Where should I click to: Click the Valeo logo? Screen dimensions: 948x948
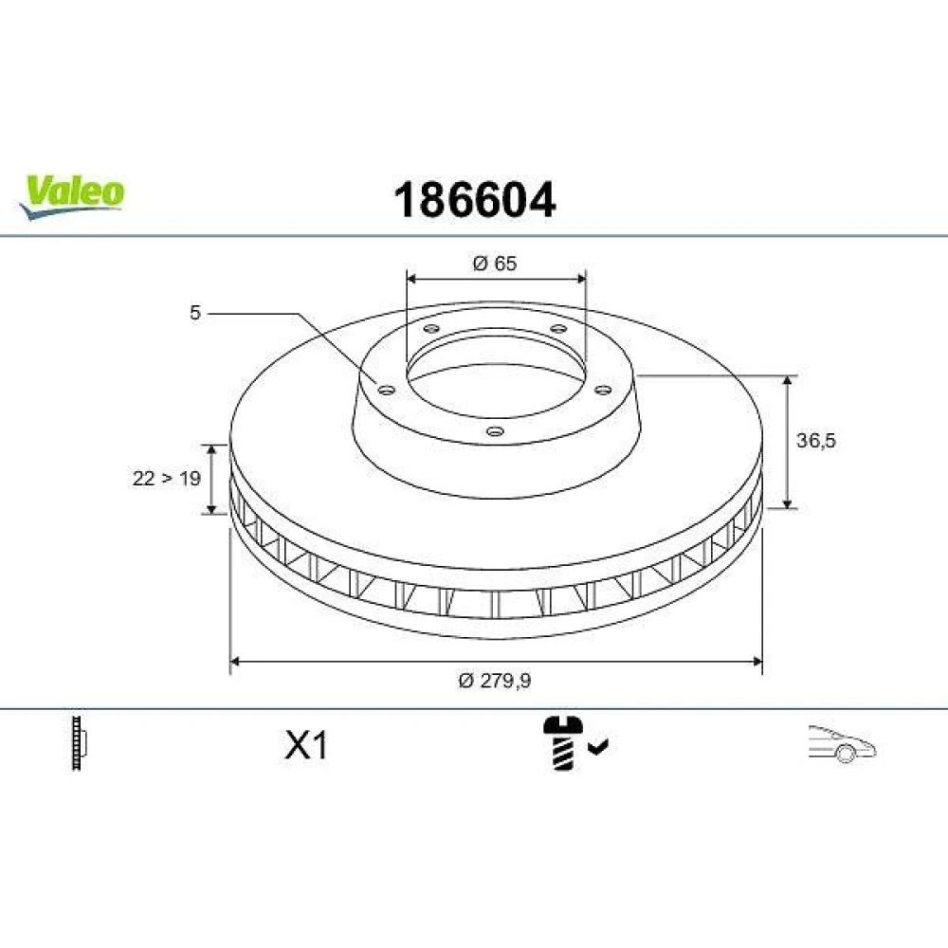(x=71, y=197)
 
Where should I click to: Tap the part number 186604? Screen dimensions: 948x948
(x=474, y=200)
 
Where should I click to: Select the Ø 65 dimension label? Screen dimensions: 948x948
(x=495, y=264)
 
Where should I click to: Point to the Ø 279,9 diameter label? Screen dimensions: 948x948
(x=495, y=681)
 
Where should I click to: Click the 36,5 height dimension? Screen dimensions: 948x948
(x=815, y=440)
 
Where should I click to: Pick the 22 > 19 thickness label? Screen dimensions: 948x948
(x=166, y=478)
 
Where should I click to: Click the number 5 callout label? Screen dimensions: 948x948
(x=194, y=313)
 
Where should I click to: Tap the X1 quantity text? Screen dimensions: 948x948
(x=306, y=745)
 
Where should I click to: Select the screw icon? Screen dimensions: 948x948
(x=563, y=743)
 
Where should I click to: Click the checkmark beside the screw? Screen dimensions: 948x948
(x=598, y=747)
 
